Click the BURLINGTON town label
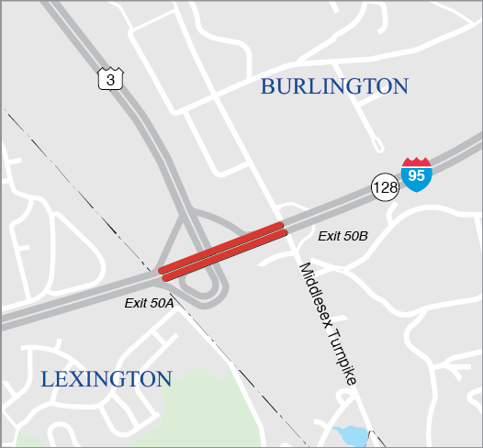coord(333,86)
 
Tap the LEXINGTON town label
coord(107,379)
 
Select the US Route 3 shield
coord(110,80)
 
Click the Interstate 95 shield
coord(416,174)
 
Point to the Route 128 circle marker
coord(385,187)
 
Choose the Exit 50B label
coord(343,237)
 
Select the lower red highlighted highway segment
coord(224,254)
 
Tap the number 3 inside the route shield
coord(110,81)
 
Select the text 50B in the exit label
coord(355,237)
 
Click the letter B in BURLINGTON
coord(268,87)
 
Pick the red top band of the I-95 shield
coord(416,162)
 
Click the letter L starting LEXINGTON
coord(47,379)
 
